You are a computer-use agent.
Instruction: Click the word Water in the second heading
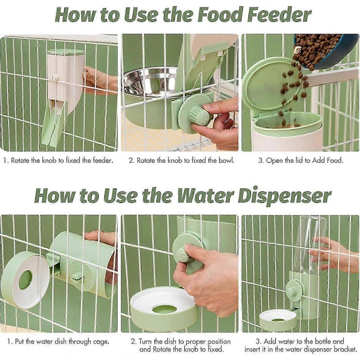pyautogui.click(x=205, y=196)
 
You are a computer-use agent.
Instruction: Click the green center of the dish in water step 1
pyautogui.click(x=26, y=279)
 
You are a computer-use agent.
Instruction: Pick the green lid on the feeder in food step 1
pyautogui.click(x=65, y=52)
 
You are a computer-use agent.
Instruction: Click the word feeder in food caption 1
pyautogui.click(x=103, y=160)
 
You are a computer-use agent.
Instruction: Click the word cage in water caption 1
pyautogui.click(x=101, y=342)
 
